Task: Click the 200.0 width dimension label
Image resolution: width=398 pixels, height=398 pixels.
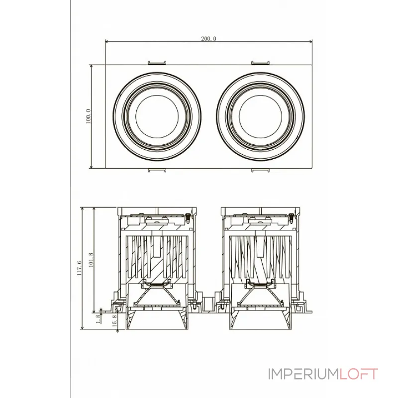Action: (209, 38)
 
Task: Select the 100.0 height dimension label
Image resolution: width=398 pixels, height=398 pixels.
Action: (88, 116)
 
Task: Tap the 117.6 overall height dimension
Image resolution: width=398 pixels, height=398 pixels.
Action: (79, 268)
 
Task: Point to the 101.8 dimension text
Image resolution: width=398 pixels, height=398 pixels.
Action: (91, 259)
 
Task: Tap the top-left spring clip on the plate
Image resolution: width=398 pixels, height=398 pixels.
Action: (157, 62)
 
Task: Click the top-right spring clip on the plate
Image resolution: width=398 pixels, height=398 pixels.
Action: (260, 62)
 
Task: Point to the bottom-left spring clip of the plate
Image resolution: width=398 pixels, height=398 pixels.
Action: (157, 171)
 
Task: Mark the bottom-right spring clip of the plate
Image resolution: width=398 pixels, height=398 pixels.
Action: (260, 171)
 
